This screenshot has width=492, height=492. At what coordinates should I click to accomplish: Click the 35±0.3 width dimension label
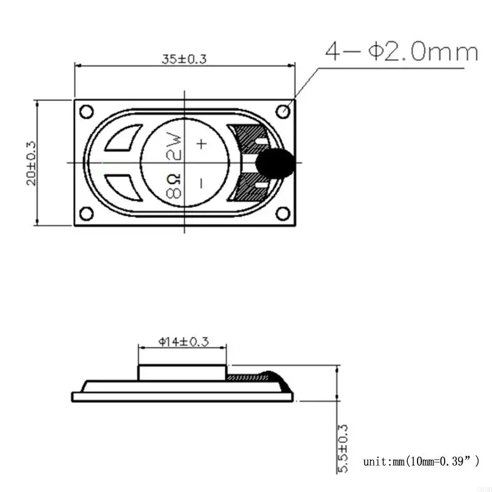(x=183, y=59)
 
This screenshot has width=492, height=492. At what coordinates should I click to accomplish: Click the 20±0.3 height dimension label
(x=32, y=163)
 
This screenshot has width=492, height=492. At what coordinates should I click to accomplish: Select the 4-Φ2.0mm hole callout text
(x=402, y=52)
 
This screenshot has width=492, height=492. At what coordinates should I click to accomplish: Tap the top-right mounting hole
(x=283, y=112)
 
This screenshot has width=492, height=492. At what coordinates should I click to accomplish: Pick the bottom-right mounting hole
(x=283, y=213)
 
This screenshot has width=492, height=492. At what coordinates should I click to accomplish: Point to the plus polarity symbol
(x=201, y=144)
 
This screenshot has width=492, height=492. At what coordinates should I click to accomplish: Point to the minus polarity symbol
(x=200, y=183)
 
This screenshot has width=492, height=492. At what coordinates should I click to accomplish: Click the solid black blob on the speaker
(x=274, y=163)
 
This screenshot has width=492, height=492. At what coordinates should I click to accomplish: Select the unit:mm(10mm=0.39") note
(x=421, y=461)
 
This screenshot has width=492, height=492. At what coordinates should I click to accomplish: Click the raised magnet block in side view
(x=183, y=373)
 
